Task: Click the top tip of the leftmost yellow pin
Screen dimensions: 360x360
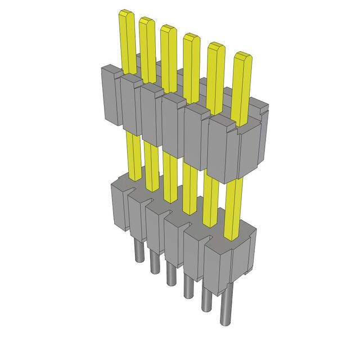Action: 126,14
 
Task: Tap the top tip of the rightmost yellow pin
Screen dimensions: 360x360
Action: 242,57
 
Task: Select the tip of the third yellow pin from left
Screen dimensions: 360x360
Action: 168,29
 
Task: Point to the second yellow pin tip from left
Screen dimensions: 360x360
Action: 147,21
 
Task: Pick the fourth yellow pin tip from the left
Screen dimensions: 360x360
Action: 191,38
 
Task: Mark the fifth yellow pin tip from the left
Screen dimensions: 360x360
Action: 216,47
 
